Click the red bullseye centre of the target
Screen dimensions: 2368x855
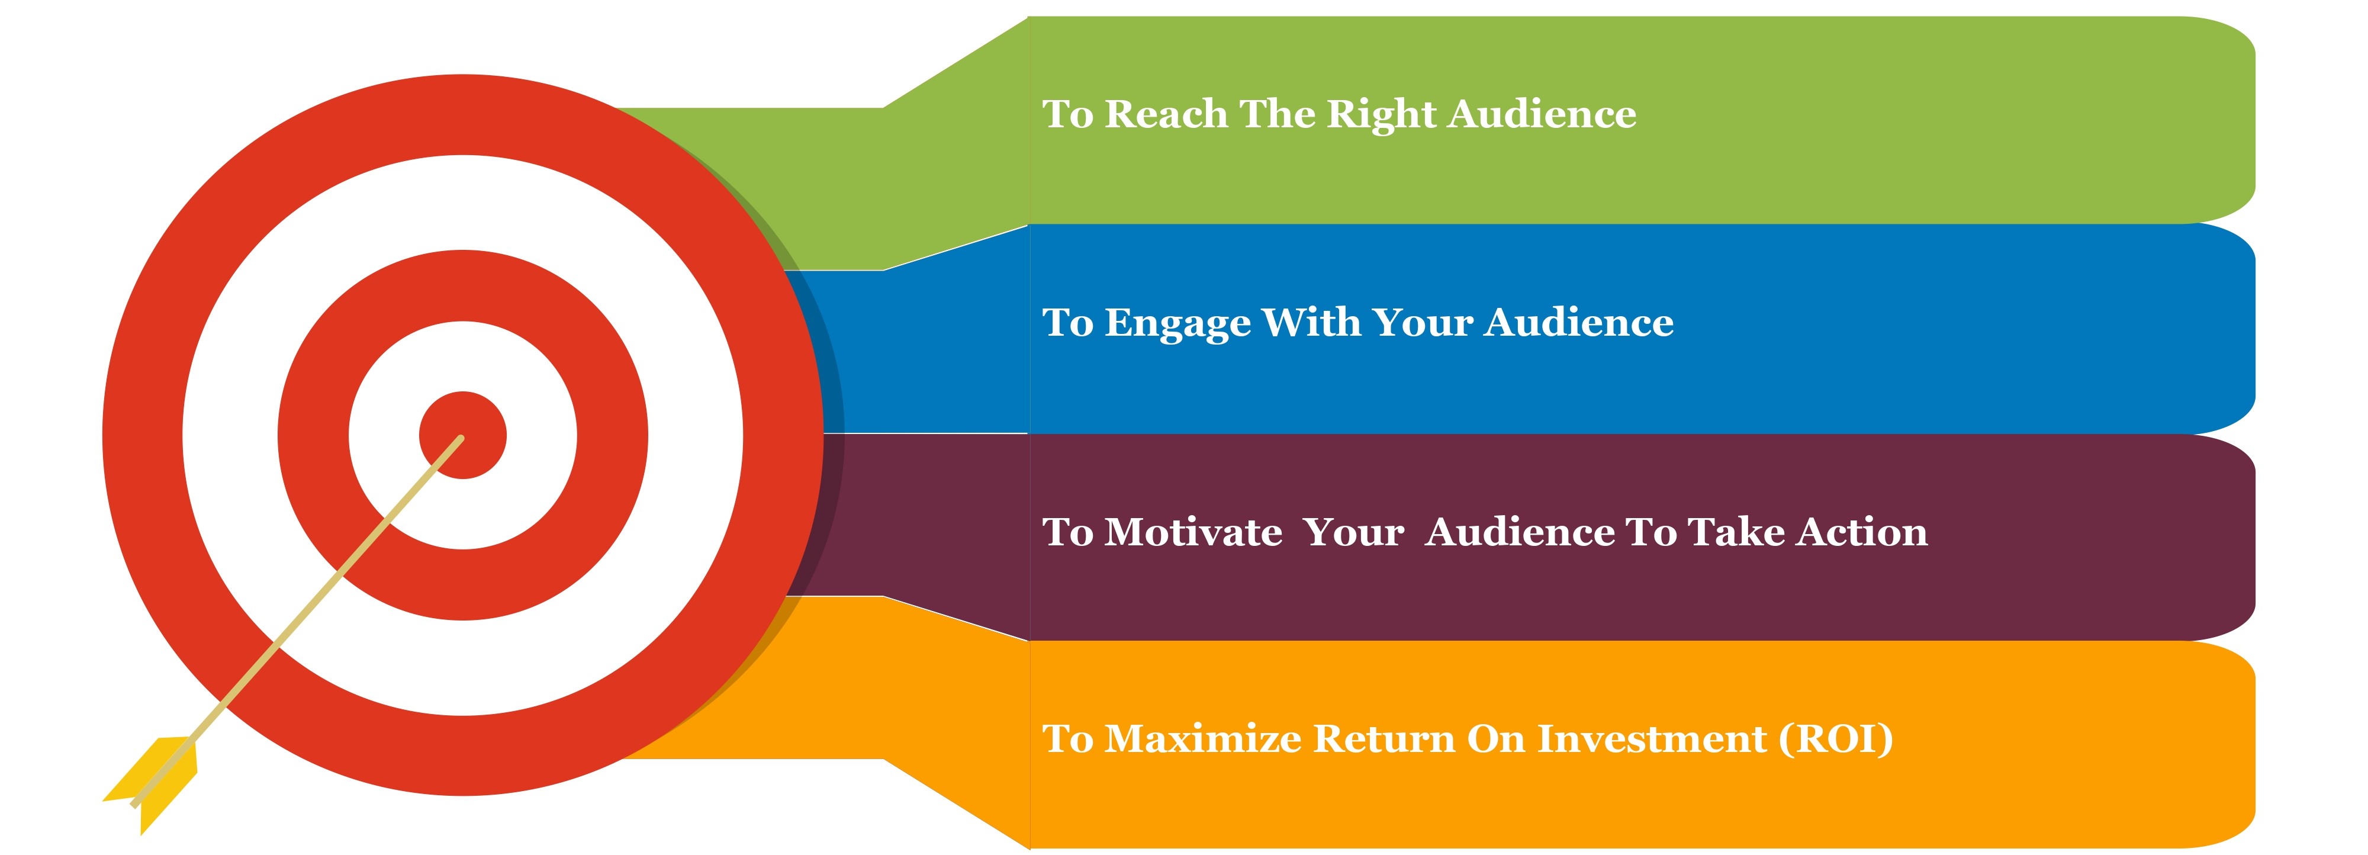(x=462, y=435)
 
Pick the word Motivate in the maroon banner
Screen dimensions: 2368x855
(x=1193, y=532)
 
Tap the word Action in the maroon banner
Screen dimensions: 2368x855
(x=1862, y=532)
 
